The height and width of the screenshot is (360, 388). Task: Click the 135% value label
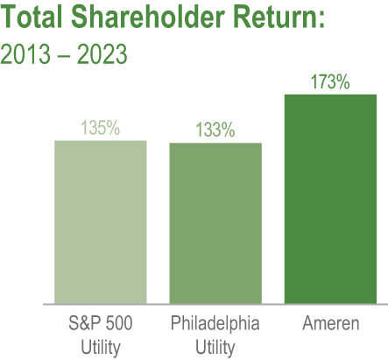tap(100, 128)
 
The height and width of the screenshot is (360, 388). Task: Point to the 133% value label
tap(215, 131)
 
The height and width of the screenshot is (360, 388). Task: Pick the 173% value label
tap(330, 83)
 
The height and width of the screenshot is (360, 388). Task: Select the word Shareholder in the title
tap(139, 19)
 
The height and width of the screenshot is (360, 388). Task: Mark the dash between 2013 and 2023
tap(64, 53)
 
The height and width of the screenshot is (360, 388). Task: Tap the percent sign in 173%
tap(344, 83)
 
